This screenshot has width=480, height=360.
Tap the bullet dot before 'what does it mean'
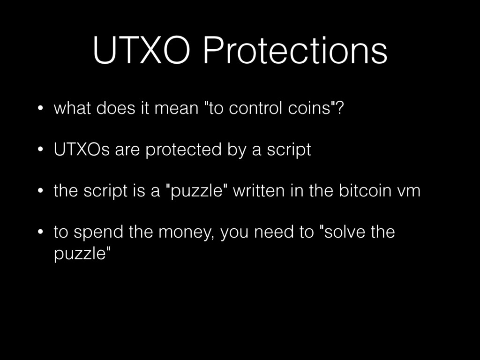pyautogui.click(x=41, y=110)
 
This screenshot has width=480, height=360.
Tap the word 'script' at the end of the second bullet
pyautogui.click(x=289, y=150)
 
